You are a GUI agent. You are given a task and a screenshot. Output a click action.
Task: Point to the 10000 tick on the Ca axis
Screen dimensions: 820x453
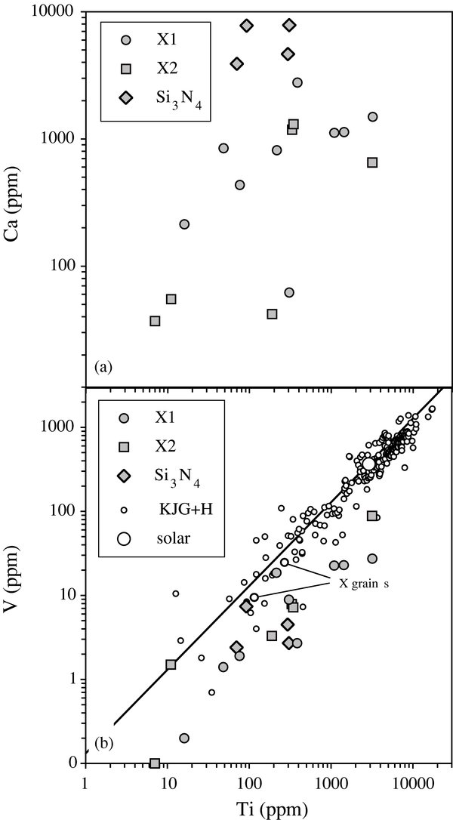[x=57, y=13]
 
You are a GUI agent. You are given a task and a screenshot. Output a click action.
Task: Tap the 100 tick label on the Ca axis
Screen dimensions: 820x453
[x=63, y=266]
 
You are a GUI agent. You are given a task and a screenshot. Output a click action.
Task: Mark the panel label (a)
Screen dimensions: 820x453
[x=103, y=367]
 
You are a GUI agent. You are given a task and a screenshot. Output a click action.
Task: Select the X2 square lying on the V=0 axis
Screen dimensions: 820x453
[x=155, y=763]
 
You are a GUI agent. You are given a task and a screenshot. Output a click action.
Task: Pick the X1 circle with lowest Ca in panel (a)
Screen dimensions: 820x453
[x=288, y=292]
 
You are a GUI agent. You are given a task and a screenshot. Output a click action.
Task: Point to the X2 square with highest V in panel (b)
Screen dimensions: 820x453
[x=372, y=516]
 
